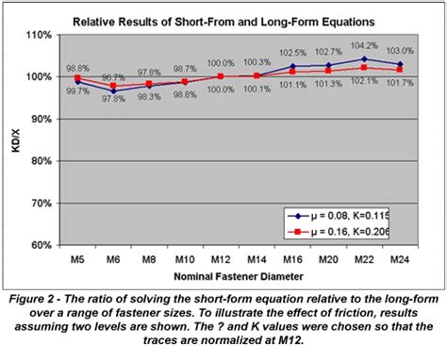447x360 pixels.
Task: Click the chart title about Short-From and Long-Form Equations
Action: (223, 20)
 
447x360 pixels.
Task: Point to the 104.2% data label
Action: (363, 45)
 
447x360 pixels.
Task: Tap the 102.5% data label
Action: (293, 53)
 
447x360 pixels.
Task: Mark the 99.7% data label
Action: (76, 90)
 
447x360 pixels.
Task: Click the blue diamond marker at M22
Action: (364, 58)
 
